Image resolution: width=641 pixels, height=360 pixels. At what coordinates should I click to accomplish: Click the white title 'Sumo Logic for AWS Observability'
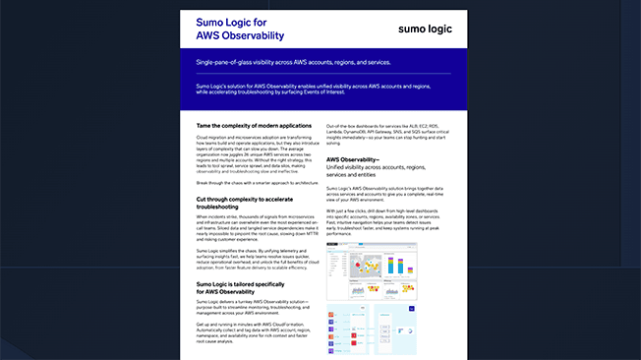point(242,29)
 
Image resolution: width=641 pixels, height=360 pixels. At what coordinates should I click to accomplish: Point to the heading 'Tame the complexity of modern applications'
point(254,125)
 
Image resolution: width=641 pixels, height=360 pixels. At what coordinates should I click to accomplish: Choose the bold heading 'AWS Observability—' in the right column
point(353,158)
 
